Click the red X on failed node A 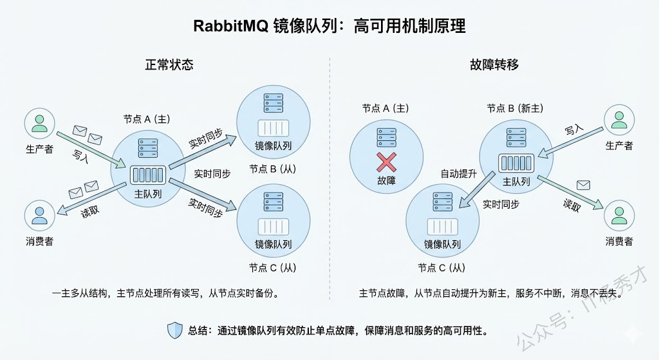pyautogui.click(x=386, y=160)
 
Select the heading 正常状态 pyautogui.click(x=169, y=65)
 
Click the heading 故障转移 pyautogui.click(x=494, y=65)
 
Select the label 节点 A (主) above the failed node pyautogui.click(x=386, y=108)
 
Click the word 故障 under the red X pyautogui.click(x=386, y=181)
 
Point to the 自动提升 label pyautogui.click(x=458, y=174)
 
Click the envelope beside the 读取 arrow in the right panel pyautogui.click(x=583, y=185)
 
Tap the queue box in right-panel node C pyautogui.click(x=442, y=226)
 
